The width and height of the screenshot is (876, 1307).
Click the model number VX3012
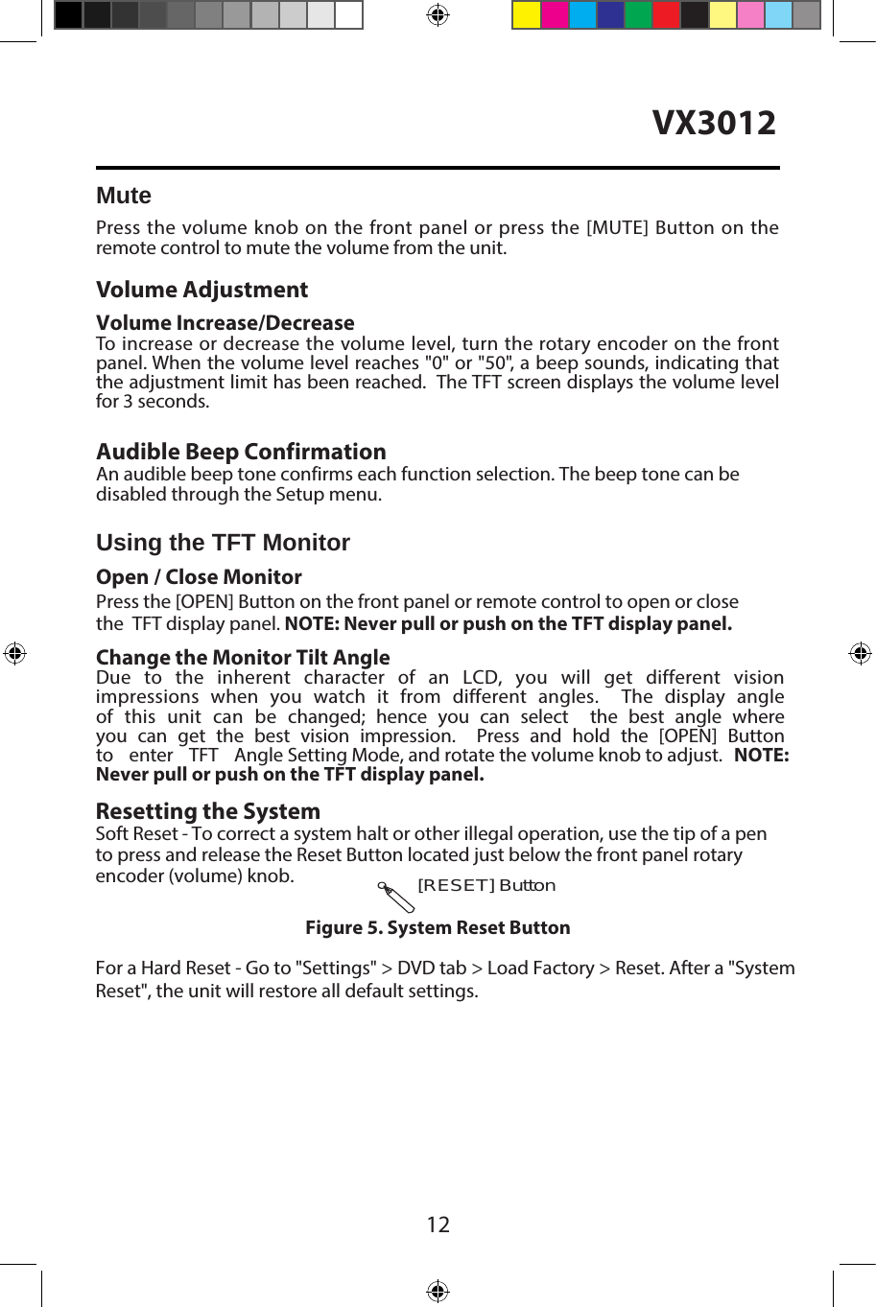tap(714, 123)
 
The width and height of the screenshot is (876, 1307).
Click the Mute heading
tap(124, 196)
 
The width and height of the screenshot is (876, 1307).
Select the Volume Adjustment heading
tap(201, 290)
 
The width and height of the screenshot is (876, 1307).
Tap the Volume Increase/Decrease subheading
tap(225, 322)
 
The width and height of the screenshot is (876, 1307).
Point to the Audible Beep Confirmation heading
tap(241, 452)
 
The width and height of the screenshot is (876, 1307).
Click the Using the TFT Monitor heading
tap(223, 543)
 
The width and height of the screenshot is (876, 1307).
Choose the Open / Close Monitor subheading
tap(199, 577)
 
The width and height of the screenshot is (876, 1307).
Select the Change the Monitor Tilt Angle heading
tap(243, 657)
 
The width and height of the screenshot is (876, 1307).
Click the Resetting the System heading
tap(207, 811)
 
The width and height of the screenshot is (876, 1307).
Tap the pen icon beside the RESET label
tap(396, 898)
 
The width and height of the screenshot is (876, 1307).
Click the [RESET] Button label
tap(486, 885)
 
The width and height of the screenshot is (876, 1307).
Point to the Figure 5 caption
tap(438, 927)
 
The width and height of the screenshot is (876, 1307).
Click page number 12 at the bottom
tap(438, 1225)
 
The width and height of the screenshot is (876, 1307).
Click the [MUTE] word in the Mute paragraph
tap(617, 227)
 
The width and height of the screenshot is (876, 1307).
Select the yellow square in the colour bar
tap(526, 15)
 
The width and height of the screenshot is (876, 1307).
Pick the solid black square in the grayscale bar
tap(68, 15)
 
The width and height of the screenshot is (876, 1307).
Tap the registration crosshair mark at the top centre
tap(438, 14)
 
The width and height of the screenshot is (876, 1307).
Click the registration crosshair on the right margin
tap(860, 653)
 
